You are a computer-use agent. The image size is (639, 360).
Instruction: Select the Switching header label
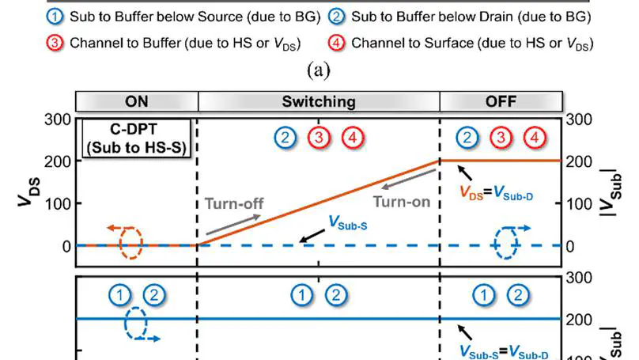coord(318,101)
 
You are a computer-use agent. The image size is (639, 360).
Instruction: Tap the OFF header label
coord(501,101)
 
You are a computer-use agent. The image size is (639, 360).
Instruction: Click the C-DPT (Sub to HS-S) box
coord(137,138)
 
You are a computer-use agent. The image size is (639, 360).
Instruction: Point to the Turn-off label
coord(233,203)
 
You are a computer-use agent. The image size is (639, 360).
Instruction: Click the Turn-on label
coord(401,202)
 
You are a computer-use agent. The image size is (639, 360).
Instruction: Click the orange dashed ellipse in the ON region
coord(130,243)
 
